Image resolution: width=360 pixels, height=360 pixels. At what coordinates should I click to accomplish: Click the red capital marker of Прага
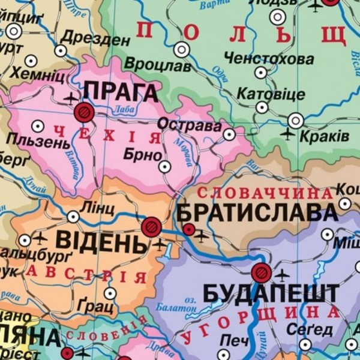[85, 111]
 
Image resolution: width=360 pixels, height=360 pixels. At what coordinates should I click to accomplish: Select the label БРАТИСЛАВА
[257, 213]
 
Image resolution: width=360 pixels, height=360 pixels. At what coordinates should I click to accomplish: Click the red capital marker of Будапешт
[261, 273]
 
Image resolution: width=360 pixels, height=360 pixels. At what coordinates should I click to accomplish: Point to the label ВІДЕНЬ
[101, 241]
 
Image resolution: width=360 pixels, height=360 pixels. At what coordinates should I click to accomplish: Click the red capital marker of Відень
[151, 227]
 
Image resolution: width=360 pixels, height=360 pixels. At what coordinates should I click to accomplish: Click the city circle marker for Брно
[164, 167]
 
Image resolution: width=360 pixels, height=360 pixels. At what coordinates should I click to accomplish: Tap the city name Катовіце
[271, 94]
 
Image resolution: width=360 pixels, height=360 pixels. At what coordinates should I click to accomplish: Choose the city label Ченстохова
[269, 59]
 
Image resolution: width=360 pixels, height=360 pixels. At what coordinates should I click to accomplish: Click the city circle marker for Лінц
[73, 217]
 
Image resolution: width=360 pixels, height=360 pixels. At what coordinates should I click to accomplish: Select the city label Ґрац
[95, 307]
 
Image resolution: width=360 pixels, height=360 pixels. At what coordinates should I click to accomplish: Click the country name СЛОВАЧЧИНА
[265, 194]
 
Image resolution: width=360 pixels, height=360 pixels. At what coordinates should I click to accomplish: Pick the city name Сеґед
[309, 330]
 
